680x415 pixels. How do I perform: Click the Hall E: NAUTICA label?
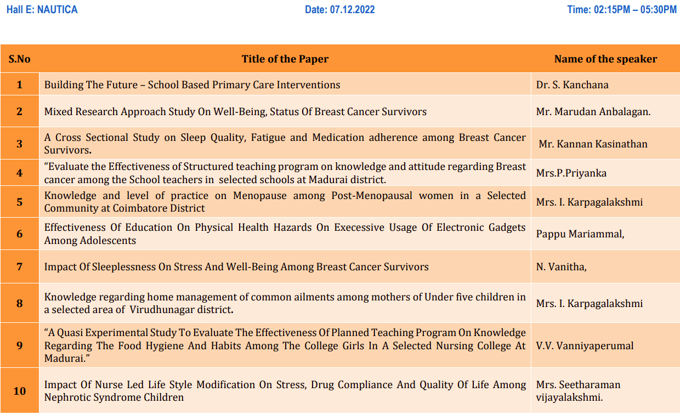[42, 10]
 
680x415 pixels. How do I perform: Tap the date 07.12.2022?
[339, 10]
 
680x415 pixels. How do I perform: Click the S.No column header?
[20, 59]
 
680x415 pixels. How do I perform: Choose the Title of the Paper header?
[285, 59]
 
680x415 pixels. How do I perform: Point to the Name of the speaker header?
[605, 59]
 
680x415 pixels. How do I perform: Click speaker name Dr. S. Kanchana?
[573, 85]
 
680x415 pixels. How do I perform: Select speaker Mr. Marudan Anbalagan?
[593, 112]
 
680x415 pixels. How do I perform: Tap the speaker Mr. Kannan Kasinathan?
[593, 144]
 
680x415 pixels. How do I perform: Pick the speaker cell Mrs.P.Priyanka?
[571, 173]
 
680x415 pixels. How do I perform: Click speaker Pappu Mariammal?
[580, 234]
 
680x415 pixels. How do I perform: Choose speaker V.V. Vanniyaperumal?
[585, 346]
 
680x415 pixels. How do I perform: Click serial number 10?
[20, 391]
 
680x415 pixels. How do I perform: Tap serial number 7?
[20, 267]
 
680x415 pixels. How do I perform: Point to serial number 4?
[20, 173]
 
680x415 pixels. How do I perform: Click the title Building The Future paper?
[192, 85]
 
